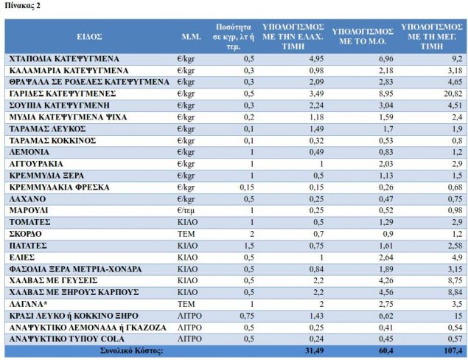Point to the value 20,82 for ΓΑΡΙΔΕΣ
tap(452, 93)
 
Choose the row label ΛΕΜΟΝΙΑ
tap(30, 151)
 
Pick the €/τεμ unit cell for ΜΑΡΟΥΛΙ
tap(188, 210)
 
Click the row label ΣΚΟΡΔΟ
tap(27, 233)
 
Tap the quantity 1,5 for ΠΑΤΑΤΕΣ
tap(249, 245)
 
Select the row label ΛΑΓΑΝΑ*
tap(29, 303)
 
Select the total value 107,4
tap(450, 351)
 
